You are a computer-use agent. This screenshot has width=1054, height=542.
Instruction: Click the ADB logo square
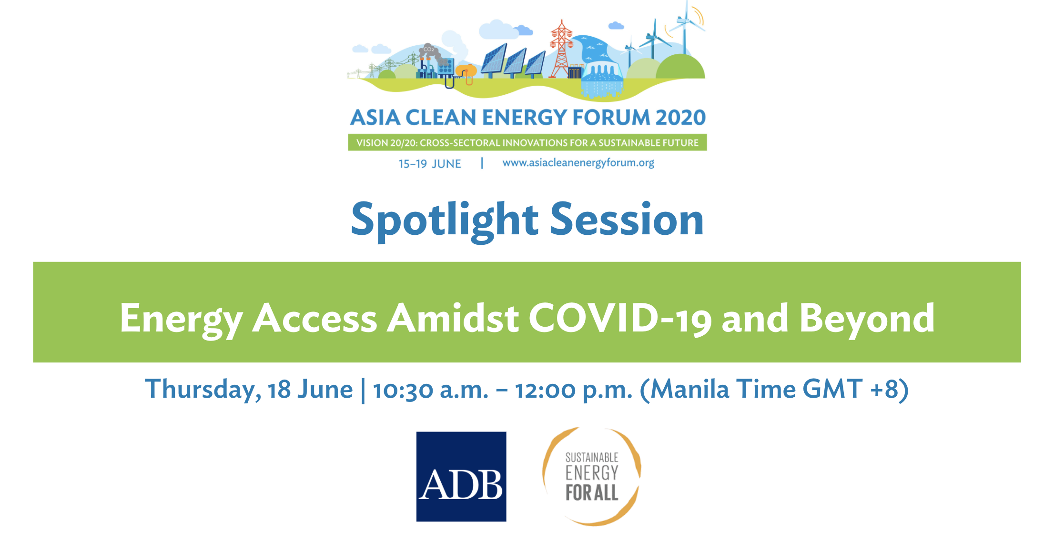tap(461, 476)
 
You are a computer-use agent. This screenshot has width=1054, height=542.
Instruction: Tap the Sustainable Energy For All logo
tap(592, 476)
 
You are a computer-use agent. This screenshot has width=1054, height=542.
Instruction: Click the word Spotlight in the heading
tap(445, 221)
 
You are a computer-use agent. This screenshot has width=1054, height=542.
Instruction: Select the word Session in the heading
tap(627, 219)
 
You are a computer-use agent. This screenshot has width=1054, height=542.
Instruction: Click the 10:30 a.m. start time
tap(431, 390)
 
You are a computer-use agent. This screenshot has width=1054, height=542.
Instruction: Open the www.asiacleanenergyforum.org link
tap(578, 163)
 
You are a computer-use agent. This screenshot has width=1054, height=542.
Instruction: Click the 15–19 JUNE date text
tap(430, 164)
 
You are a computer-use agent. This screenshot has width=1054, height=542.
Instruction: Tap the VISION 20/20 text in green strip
tap(385, 143)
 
